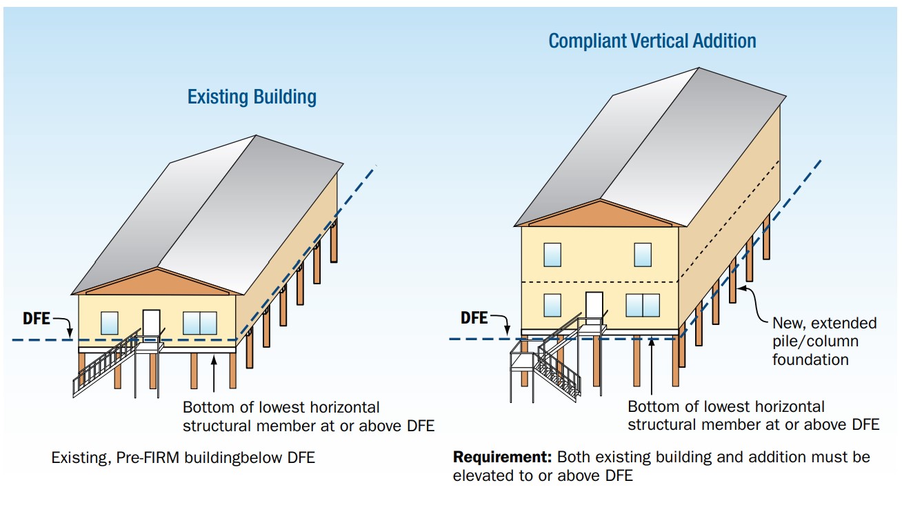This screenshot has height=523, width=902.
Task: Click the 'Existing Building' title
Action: pyautogui.click(x=252, y=97)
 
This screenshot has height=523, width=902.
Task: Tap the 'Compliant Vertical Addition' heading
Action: pyautogui.click(x=652, y=41)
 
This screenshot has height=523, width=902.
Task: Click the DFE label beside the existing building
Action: pyautogui.click(x=37, y=318)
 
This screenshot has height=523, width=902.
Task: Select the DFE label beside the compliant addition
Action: pyautogui.click(x=474, y=318)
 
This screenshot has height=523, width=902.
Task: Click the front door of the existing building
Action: pyautogui.click(x=151, y=325)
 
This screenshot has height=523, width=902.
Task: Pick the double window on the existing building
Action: pyautogui.click(x=200, y=323)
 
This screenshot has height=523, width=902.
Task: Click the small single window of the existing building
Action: pyautogui.click(x=109, y=323)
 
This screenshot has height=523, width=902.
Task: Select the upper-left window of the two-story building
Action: pyautogui.click(x=552, y=255)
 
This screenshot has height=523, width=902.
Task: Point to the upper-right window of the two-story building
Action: pyautogui.click(x=643, y=255)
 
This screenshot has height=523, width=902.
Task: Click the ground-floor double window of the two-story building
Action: pyautogui.click(x=643, y=306)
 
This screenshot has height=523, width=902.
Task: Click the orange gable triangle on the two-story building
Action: pyautogui.click(x=600, y=215)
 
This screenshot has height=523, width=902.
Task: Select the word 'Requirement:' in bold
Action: pyautogui.click(x=502, y=457)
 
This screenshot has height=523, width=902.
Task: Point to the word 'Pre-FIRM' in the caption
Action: pyautogui.click(x=148, y=457)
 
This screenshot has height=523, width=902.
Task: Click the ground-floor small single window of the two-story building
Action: pyautogui.click(x=552, y=306)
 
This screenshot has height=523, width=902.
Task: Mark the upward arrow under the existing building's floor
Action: pyautogui.click(x=214, y=373)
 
